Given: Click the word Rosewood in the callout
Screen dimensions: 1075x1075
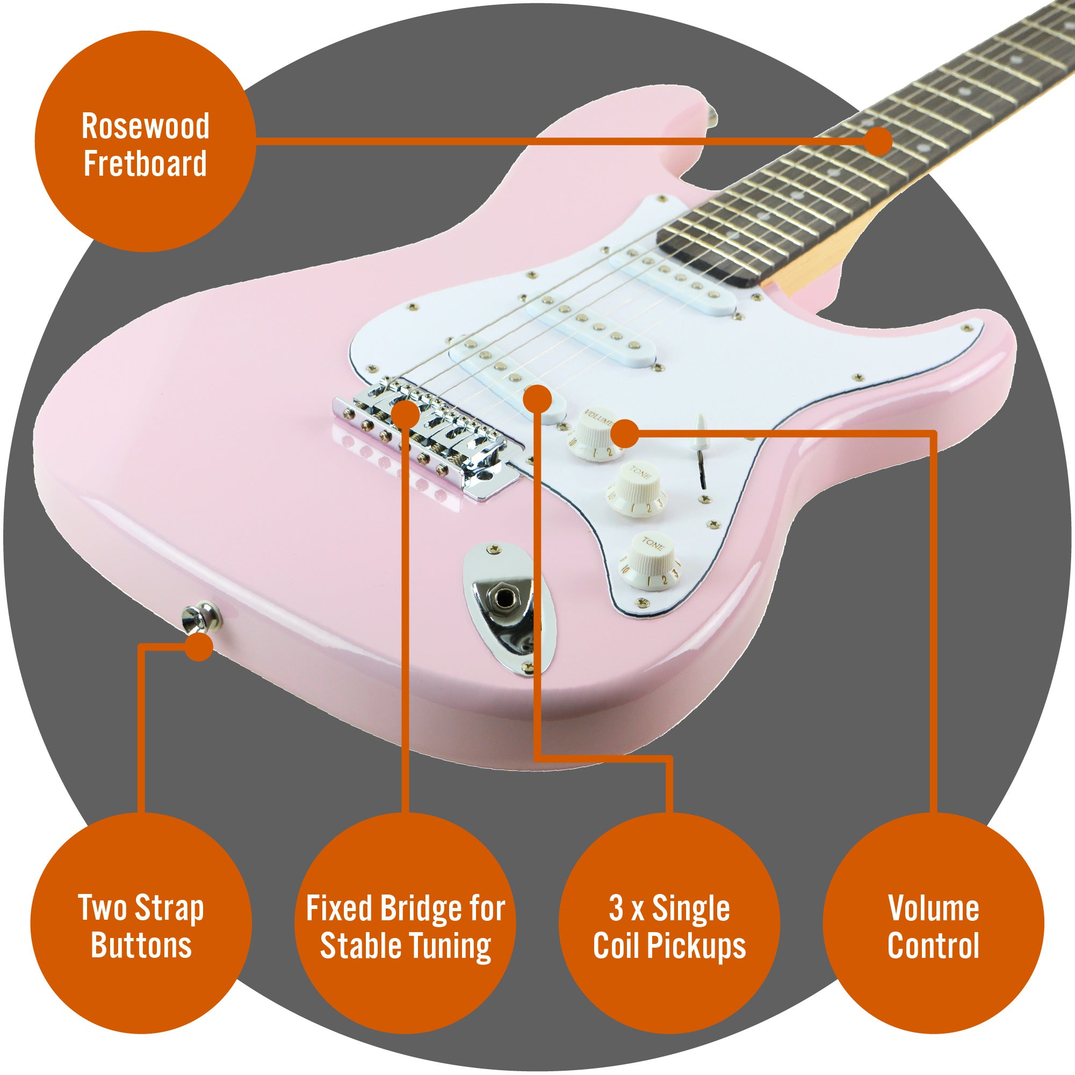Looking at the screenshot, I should pos(145,126).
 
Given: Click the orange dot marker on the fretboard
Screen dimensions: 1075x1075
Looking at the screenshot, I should pos(878,141).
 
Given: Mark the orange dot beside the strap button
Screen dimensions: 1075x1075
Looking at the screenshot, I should pos(199,647).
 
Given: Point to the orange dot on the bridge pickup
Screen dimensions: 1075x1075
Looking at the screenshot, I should pos(537,399).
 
